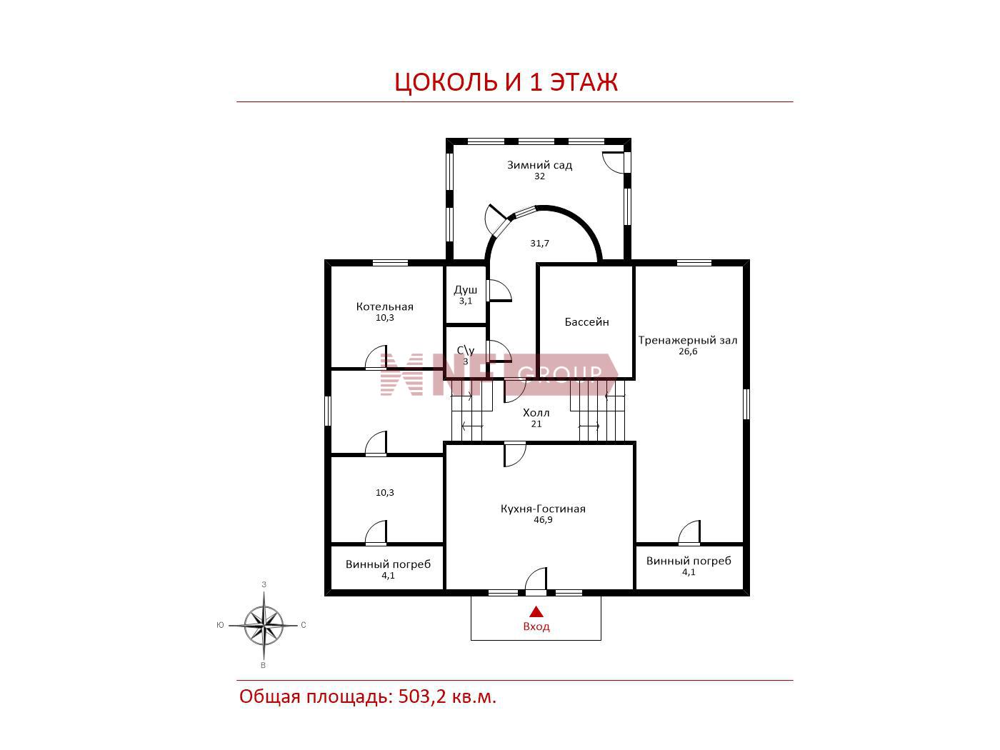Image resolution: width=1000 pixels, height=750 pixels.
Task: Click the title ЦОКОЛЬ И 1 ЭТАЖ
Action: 506,82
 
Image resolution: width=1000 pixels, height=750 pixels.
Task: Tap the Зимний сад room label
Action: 539,165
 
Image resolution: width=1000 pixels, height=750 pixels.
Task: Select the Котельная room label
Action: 384,306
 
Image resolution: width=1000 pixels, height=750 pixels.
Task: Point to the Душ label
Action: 466,290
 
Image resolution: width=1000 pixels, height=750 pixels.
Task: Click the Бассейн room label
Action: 587,322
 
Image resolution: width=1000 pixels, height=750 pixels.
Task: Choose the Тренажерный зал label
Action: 687,340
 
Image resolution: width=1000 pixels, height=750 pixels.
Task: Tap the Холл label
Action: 536,413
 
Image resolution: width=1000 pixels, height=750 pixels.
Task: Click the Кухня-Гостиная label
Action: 543,509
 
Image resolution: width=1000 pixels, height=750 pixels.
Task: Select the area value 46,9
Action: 543,520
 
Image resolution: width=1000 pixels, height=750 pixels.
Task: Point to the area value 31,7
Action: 539,244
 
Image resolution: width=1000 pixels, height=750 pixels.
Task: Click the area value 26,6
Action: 688,351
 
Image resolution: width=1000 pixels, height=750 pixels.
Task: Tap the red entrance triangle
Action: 536,611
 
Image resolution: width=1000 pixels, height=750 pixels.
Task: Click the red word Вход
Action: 536,626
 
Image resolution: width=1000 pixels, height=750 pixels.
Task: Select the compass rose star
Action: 264,625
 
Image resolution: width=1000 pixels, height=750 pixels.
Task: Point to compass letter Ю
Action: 220,625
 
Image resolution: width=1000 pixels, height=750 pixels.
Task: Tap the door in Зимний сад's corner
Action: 616,163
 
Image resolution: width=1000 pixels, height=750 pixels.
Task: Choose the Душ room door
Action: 499,291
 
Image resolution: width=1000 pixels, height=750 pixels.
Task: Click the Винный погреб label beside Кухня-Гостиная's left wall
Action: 388,564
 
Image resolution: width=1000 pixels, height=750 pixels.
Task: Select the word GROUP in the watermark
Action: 560,374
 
